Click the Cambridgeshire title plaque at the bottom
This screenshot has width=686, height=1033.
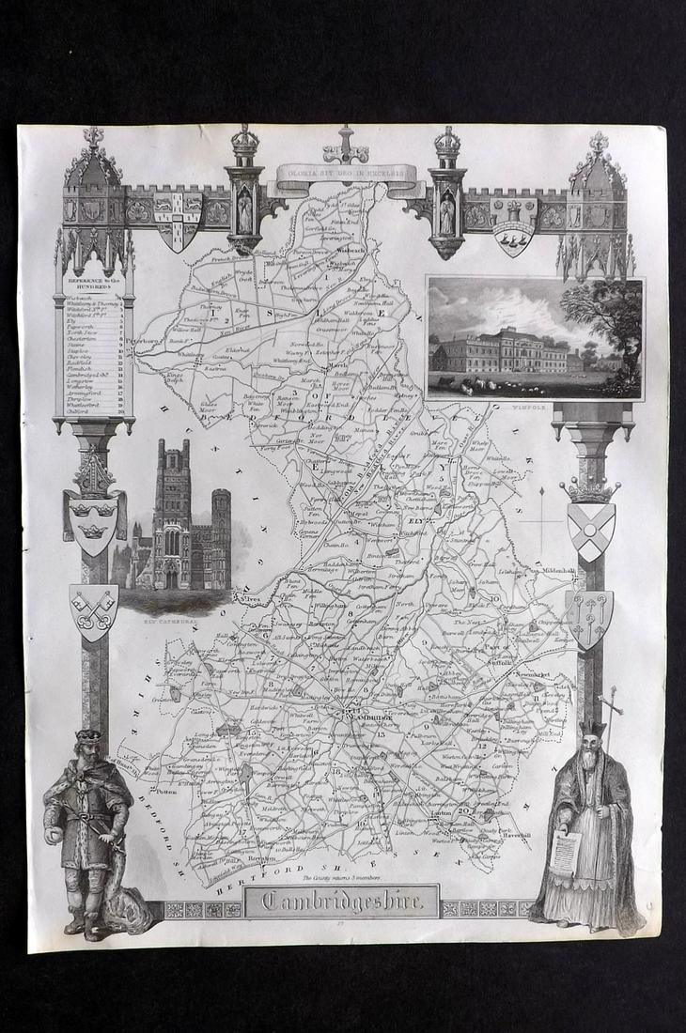click(341, 902)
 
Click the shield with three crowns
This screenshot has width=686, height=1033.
click(93, 522)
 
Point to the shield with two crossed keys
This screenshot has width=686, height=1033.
click(94, 609)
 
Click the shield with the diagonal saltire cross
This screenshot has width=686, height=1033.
click(590, 531)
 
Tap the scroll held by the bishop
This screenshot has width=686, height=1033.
click(565, 855)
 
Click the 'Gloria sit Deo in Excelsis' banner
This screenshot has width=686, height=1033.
click(346, 173)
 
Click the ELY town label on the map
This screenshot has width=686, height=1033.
click(418, 518)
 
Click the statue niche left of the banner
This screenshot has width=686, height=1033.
click(244, 211)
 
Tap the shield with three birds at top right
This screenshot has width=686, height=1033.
click(513, 239)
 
